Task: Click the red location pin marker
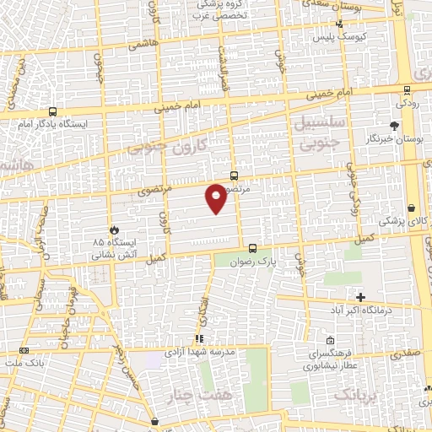tap(216, 198)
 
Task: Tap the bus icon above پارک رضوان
tap(253, 248)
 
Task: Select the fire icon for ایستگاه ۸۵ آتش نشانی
tap(114, 229)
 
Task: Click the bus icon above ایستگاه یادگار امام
tap(53, 111)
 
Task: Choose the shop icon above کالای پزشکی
tap(411, 207)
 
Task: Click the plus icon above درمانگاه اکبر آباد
tap(360, 297)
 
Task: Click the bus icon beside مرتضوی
tap(234, 176)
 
